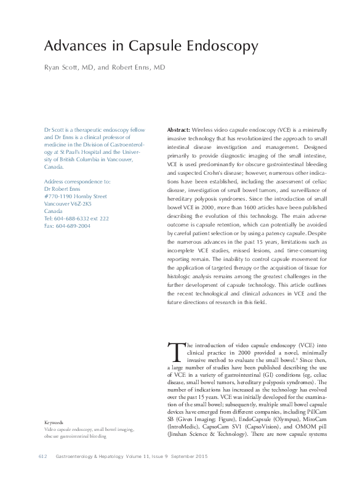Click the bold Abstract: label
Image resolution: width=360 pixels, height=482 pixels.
tap(178, 131)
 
